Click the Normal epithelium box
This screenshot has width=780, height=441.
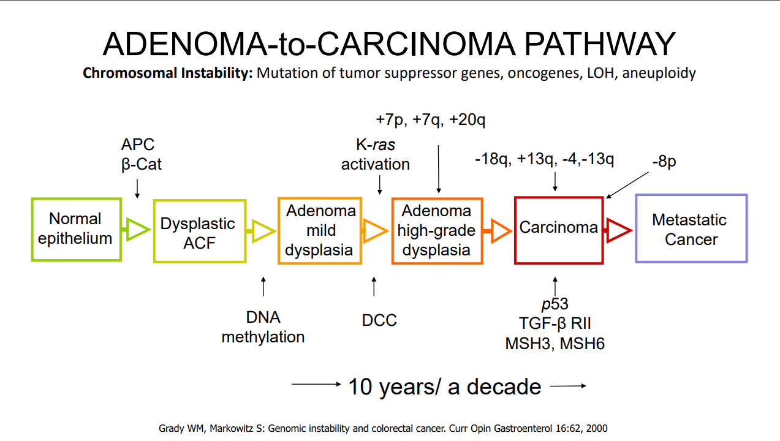coord(75,229)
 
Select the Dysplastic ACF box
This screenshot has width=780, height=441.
coord(199,231)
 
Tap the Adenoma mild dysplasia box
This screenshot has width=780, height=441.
coord(319,230)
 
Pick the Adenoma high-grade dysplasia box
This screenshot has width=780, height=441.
coord(437,230)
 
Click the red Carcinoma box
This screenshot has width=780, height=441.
coord(558,230)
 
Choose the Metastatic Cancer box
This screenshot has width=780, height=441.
coord(691,229)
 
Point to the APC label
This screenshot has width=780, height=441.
coord(138,145)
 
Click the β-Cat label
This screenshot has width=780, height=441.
coord(142,164)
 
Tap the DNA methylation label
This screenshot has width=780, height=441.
coord(263,327)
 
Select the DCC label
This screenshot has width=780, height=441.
coord(379,320)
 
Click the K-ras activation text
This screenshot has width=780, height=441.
coord(376,154)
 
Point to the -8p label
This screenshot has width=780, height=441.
coord(664,163)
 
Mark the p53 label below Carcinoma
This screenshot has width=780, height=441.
coord(555,304)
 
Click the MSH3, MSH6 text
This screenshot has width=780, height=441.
coord(555,344)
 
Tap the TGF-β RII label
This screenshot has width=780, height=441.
coord(555,323)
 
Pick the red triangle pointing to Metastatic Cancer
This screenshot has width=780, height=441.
coord(618,229)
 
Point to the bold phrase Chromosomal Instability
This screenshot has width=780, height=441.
coord(168,73)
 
